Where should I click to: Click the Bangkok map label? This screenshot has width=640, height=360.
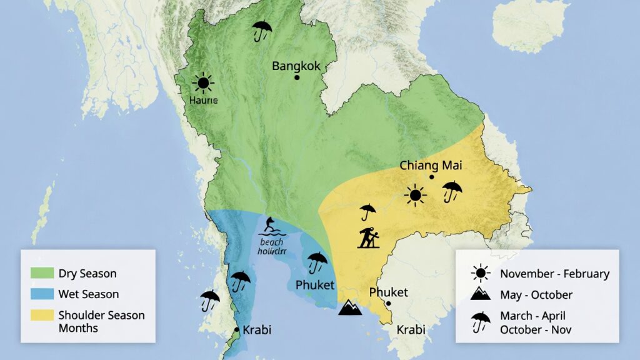click(296, 66)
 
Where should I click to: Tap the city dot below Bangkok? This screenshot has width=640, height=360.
click(297, 77)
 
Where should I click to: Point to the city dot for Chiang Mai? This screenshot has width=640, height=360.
click(431, 177)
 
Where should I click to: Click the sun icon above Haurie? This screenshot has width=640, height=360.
click(202, 83)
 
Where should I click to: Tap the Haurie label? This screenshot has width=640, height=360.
click(203, 99)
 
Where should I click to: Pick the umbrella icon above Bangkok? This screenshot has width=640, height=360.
click(262, 29)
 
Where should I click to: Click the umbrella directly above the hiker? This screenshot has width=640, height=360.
click(367, 211)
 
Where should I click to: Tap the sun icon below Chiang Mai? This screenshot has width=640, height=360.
click(415, 196)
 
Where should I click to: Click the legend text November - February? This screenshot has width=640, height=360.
click(554, 273)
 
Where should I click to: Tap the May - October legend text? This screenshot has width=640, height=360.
click(536, 294)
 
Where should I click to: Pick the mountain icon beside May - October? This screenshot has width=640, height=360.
click(481, 293)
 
